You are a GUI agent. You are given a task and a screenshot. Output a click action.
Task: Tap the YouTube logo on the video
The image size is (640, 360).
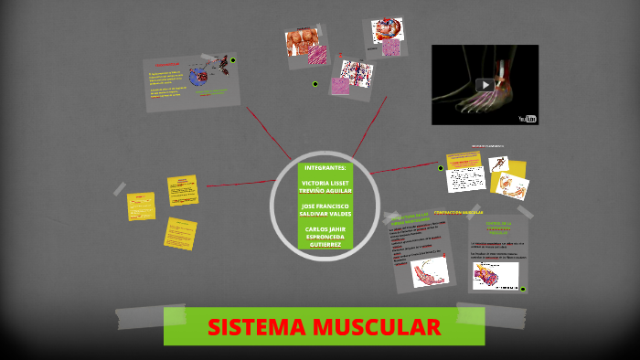[x=528, y=117]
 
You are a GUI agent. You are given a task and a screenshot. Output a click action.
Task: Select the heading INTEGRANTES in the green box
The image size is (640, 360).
[x=325, y=168]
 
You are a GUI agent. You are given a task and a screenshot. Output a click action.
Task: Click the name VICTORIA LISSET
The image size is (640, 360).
[x=325, y=182]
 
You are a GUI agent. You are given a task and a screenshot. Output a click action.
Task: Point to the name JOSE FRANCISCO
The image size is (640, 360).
[x=325, y=206]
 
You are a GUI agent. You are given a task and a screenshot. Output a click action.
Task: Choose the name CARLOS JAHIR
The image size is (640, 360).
[x=325, y=228]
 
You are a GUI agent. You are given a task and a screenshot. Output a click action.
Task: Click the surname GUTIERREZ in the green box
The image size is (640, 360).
[x=325, y=244]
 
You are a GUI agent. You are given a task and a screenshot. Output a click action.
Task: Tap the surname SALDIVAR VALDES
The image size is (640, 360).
[x=325, y=214]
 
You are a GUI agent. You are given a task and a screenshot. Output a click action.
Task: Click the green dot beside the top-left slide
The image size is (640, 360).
[x=233, y=60]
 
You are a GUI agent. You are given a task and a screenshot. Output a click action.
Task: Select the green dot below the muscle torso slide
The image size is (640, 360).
[x=315, y=84]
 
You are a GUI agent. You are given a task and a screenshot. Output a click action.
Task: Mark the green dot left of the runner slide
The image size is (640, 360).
[x=441, y=168]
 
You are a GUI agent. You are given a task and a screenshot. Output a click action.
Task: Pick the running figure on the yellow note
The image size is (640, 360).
[x=499, y=164]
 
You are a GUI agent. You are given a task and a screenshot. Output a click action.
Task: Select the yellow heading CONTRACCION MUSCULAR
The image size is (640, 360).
[x=458, y=212]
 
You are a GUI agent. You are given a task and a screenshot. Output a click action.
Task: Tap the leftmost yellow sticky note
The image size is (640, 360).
[x=140, y=206]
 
